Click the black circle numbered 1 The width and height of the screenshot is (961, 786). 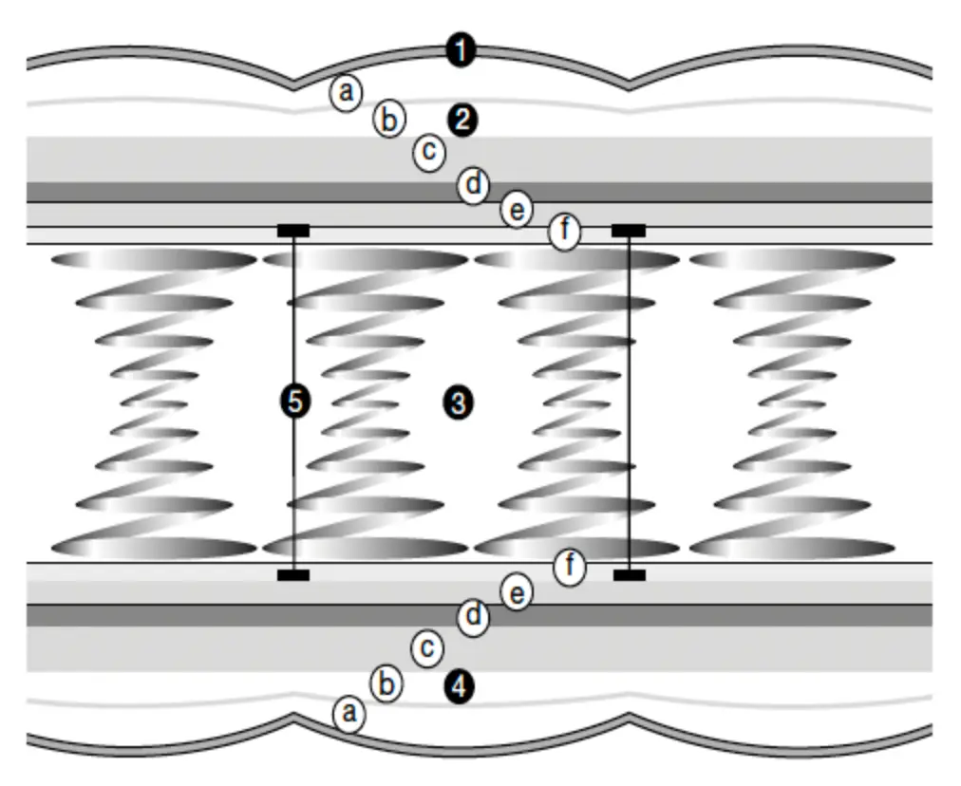[x=461, y=50]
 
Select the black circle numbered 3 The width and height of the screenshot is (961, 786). [x=458, y=403]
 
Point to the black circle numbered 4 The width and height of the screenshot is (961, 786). [x=459, y=687]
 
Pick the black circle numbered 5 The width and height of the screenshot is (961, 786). [x=294, y=402]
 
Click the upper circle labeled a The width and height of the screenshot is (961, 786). [x=347, y=93]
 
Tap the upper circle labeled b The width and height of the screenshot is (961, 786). [x=388, y=121]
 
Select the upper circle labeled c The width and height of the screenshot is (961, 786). [x=429, y=151]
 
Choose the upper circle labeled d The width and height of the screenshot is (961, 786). [x=473, y=184]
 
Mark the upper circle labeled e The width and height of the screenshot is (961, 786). [x=516, y=210]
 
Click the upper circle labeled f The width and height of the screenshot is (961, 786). [x=565, y=232]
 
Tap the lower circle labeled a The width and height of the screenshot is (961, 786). [x=349, y=713]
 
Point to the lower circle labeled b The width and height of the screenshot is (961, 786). [x=386, y=683]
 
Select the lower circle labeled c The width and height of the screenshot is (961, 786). [x=427, y=648]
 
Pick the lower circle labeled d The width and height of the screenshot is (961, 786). [x=473, y=618]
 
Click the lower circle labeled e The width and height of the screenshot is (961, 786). [x=517, y=594]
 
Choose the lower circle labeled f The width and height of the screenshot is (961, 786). [x=570, y=568]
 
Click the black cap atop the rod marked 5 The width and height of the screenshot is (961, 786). [x=293, y=231]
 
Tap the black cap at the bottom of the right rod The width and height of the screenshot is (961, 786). [x=629, y=575]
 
